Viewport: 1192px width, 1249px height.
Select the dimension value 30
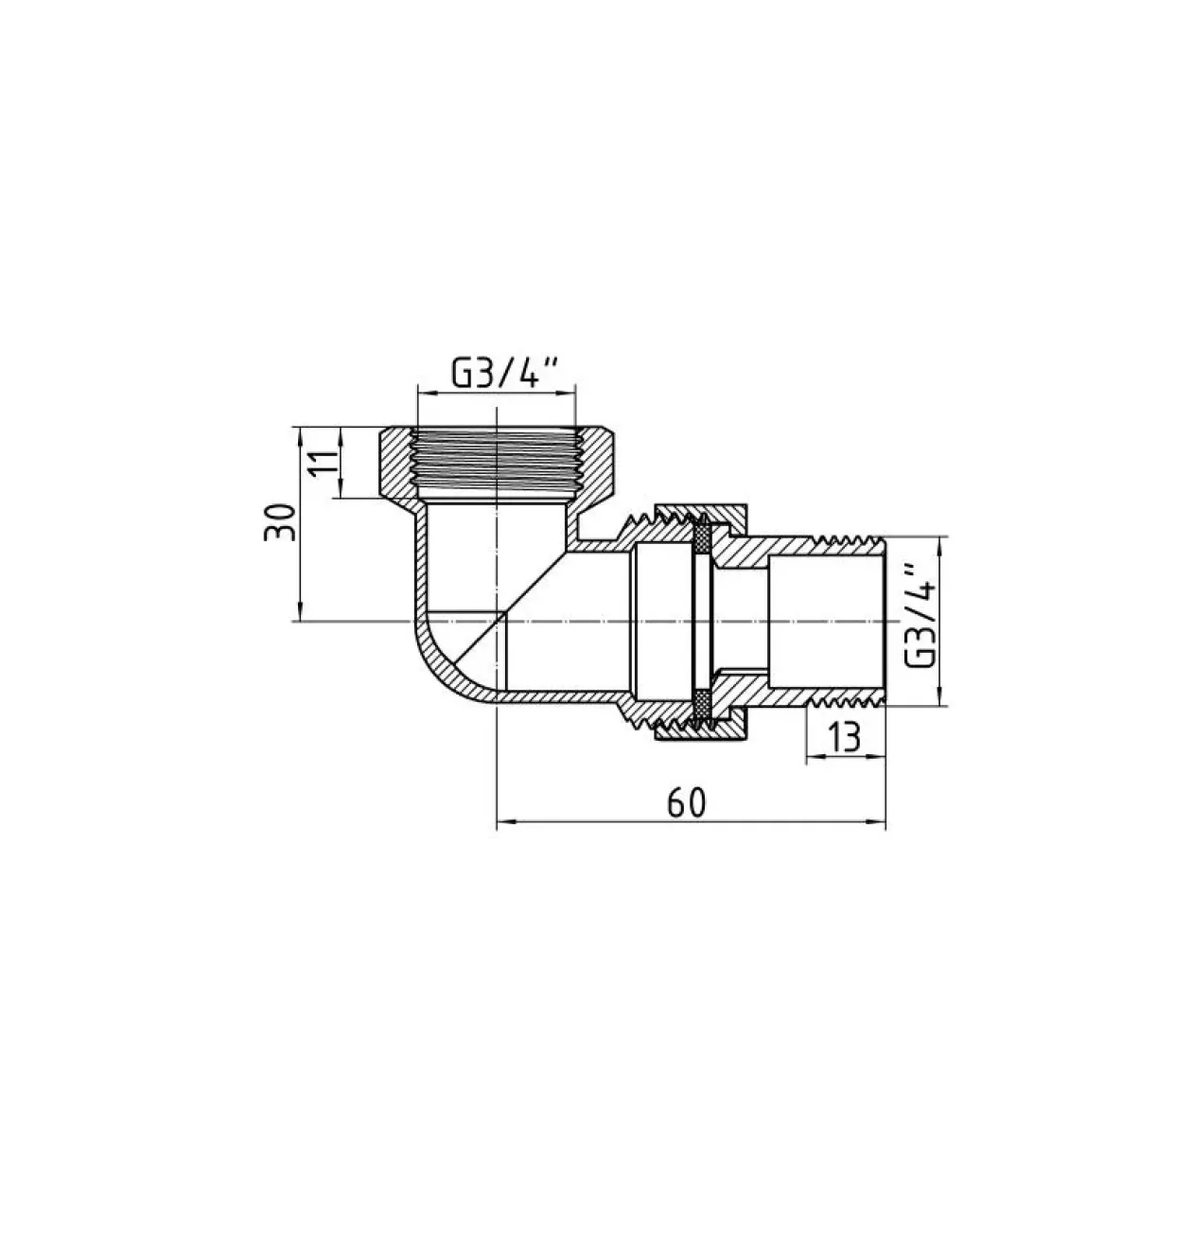[x=280, y=522]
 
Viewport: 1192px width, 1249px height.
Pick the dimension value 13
[x=845, y=738]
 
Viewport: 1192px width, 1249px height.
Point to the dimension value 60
[x=686, y=802]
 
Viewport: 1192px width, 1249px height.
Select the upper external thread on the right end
[x=849, y=540]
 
